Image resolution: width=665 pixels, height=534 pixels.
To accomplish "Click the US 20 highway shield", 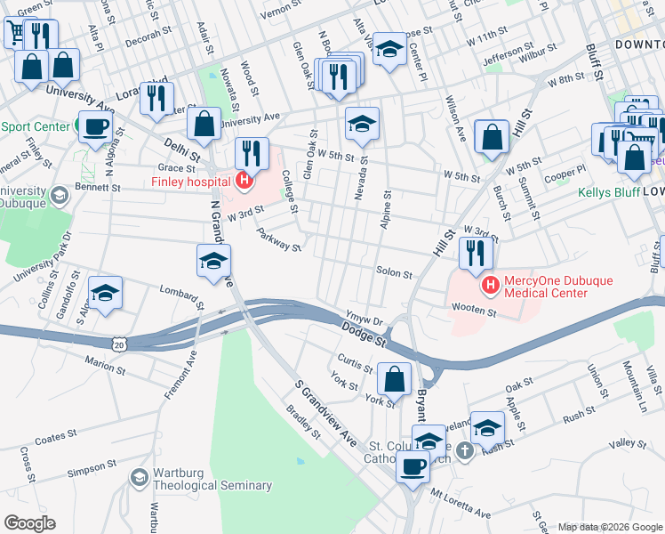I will click(119, 344).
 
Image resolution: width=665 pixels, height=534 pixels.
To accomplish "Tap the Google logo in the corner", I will click(29, 523).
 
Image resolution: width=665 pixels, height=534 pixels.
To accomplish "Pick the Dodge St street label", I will click(365, 335).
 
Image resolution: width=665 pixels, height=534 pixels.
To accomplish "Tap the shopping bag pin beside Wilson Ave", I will click(492, 137).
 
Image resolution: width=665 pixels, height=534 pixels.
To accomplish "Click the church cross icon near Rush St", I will click(463, 452).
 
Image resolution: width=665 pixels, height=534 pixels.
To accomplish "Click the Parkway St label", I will click(278, 239).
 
